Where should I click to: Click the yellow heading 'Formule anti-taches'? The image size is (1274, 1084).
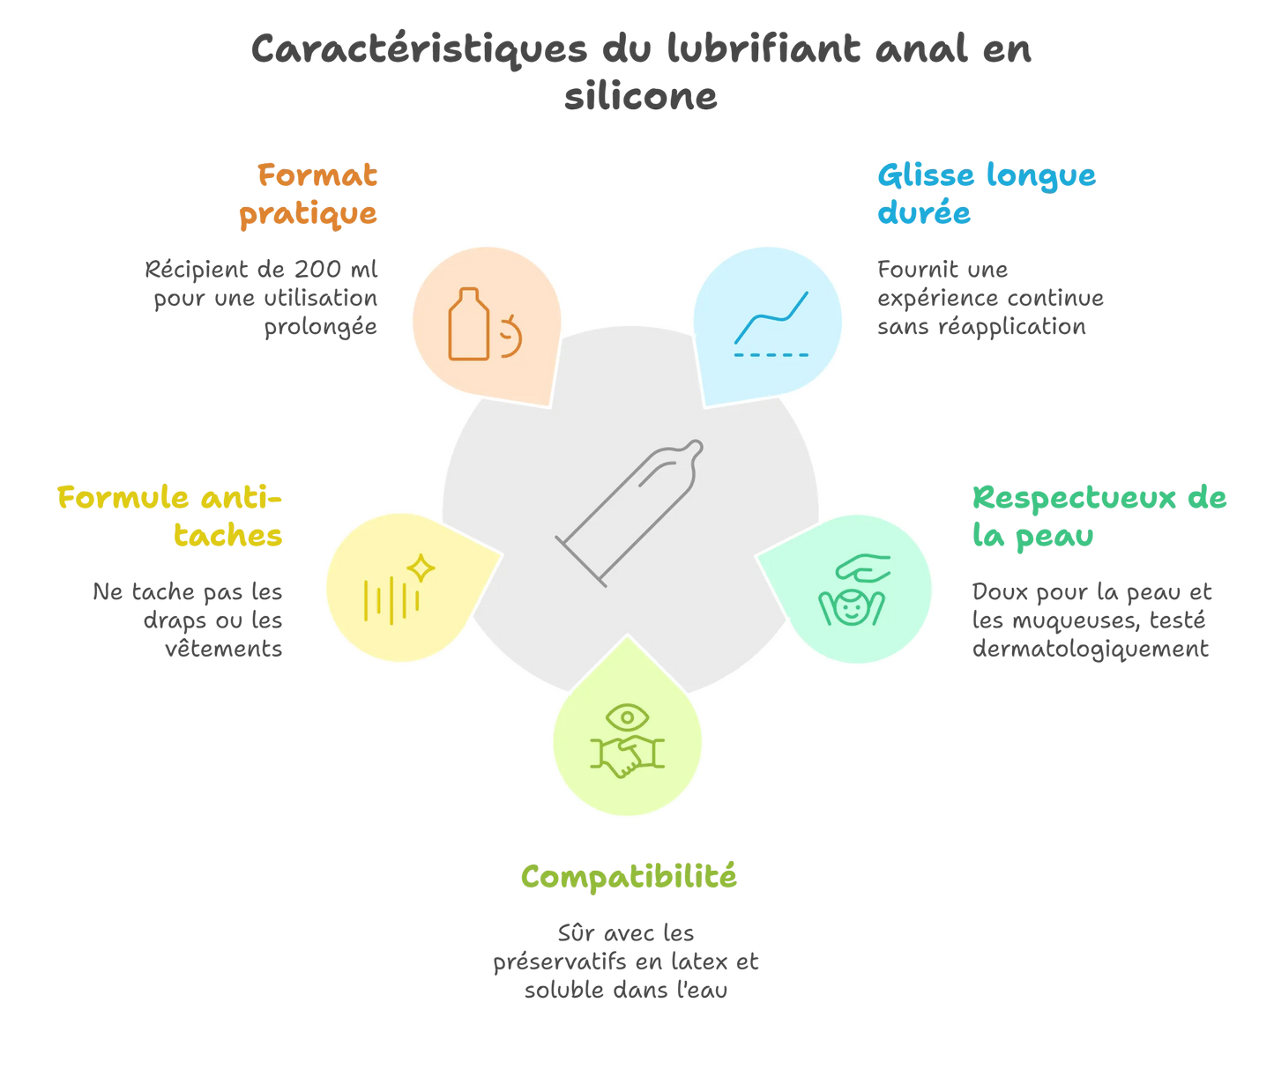pos(171,516)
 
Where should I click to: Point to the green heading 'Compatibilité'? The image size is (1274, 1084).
pos(628,877)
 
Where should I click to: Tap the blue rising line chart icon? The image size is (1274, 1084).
pos(771,318)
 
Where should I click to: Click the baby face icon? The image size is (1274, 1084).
pos(851,606)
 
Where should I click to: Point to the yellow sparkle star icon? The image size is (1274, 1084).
pos(421,568)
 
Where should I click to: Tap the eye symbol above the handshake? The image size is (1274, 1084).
pos(627,716)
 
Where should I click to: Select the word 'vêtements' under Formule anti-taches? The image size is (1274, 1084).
pos(223,650)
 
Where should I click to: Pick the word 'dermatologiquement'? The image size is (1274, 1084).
pos(1091,650)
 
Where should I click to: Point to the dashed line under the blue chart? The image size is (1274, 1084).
pos(771,354)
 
